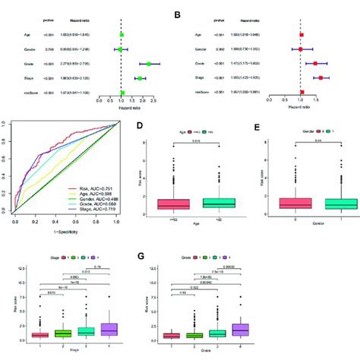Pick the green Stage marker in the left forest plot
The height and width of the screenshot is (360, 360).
tap(140, 77)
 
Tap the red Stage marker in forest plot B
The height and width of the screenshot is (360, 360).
tap(321, 77)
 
